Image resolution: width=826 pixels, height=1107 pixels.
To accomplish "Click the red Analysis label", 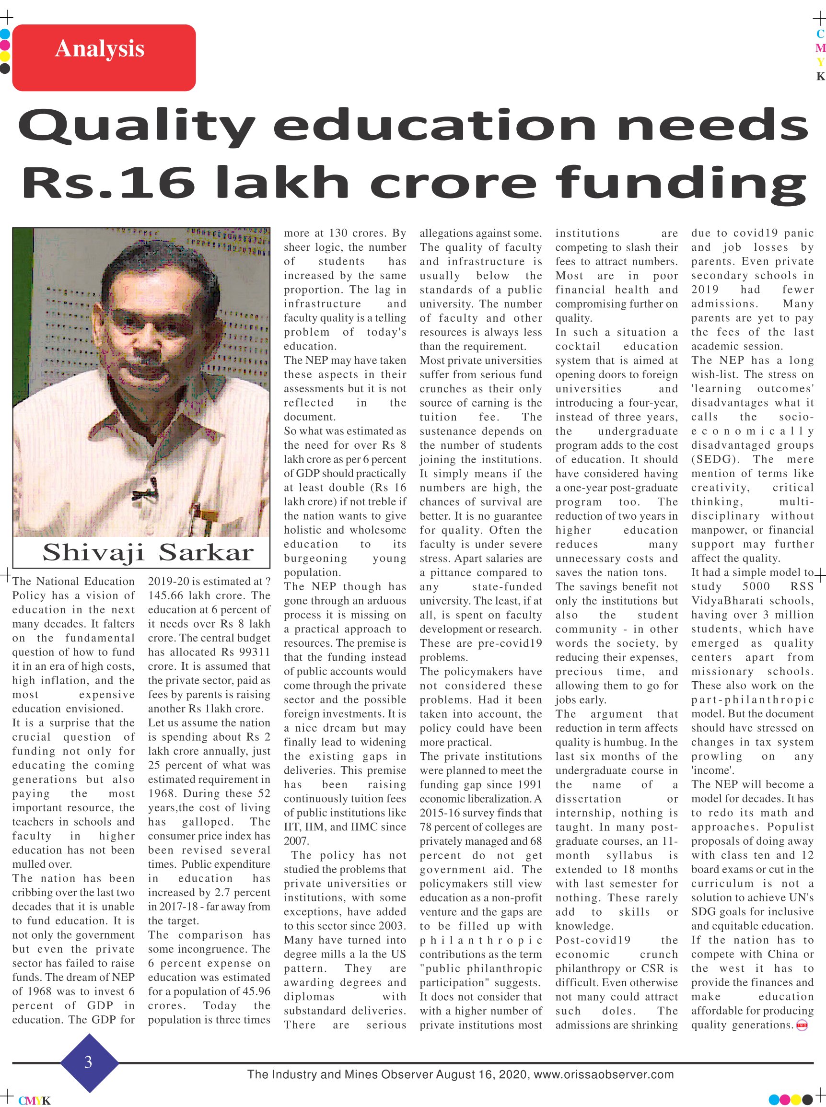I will (x=104, y=58).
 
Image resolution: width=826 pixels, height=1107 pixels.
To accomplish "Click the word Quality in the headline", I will (x=137, y=128).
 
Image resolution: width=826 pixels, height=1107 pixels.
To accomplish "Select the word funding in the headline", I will (x=681, y=184).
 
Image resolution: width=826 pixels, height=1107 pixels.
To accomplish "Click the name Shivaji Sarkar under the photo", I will (x=148, y=552).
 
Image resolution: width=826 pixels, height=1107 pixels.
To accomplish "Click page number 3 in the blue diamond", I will (x=89, y=1062).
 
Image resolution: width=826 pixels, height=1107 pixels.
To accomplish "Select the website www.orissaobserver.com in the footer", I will (x=604, y=1074).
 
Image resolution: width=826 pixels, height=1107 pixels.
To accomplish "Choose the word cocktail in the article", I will (x=578, y=347).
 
